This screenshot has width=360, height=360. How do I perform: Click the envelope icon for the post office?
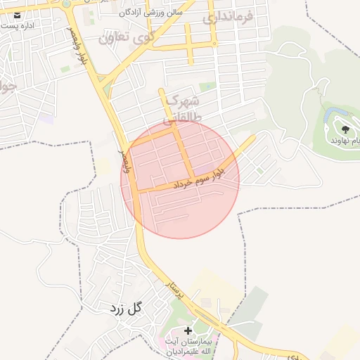(x=17, y=13)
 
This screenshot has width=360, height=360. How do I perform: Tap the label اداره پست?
(x=18, y=25)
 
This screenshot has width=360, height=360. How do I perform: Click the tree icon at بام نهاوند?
(x=345, y=129)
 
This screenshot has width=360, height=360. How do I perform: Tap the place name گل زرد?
(x=126, y=307)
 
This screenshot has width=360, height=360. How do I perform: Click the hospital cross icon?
(x=188, y=330)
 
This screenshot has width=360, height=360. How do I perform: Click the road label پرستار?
(x=173, y=290)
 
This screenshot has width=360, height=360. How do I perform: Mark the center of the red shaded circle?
(x=180, y=179)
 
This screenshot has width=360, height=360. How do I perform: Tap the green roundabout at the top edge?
(x=66, y=3)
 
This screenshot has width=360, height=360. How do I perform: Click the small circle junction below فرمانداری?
(x=215, y=44)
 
